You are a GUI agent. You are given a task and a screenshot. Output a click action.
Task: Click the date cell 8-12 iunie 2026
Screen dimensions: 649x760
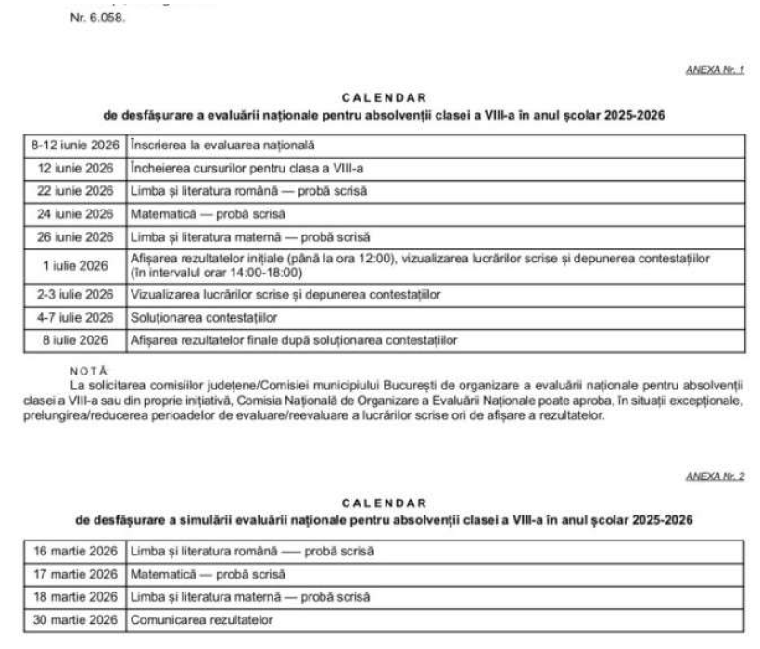pos(75,146)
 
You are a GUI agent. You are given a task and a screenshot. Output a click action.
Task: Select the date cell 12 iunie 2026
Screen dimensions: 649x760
pos(75,169)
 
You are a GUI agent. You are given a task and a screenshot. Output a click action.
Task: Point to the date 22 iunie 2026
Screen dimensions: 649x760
pos(75,192)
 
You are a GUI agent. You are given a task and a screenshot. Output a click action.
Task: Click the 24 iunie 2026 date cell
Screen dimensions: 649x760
pos(75,214)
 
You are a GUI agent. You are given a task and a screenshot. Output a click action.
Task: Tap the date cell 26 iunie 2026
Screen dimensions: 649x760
pos(75,237)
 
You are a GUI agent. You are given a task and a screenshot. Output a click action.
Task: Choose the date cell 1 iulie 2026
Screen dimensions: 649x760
pos(75,266)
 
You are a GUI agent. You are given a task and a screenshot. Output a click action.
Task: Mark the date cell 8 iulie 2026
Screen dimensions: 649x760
pos(75,340)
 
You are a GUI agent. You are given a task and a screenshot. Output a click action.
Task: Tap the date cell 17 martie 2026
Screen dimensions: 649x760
pos(75,574)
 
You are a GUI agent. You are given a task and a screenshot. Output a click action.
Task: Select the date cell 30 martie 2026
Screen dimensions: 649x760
pos(75,619)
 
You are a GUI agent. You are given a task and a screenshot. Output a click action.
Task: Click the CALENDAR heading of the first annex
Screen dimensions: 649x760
pos(384,96)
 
